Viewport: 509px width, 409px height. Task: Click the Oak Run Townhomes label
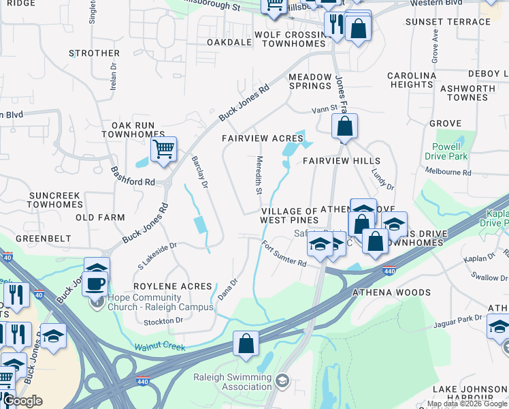point(138,130)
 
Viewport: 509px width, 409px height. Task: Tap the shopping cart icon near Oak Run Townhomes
point(163,149)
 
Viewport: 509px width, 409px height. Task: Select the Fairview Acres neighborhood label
point(263,138)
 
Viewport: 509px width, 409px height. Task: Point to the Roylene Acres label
point(172,286)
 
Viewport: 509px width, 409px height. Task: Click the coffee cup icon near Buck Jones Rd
point(95,283)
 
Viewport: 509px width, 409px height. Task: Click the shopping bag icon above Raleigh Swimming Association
point(246,344)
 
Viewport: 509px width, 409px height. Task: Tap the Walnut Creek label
point(160,348)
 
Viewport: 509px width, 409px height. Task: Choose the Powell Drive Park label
point(446,151)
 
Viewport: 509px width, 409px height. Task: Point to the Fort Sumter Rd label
point(284,255)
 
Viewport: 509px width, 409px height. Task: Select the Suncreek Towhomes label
point(55,200)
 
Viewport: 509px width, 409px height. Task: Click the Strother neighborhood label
point(95,53)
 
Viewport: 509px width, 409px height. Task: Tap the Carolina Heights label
point(412,80)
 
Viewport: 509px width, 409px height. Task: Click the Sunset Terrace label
point(448,22)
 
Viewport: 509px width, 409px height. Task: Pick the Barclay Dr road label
point(199,171)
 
